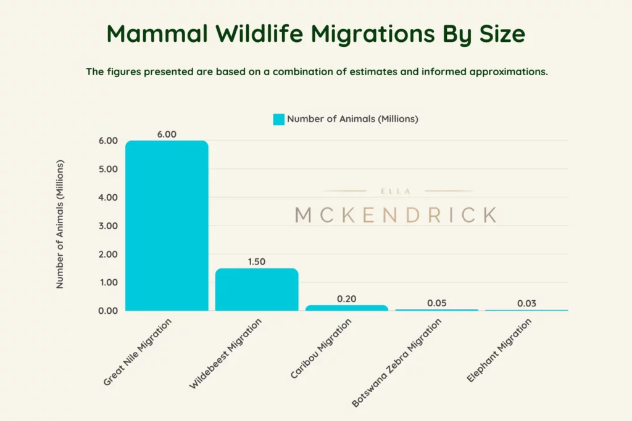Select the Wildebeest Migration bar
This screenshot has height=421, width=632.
click(x=257, y=290)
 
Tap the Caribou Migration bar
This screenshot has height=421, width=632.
click(x=347, y=308)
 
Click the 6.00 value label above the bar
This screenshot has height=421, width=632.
click(x=167, y=134)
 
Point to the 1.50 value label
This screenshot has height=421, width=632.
click(x=257, y=261)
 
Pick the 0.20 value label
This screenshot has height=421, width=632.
click(x=347, y=298)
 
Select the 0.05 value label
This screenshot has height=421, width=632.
click(x=437, y=303)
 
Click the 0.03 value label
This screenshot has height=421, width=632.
click(x=527, y=303)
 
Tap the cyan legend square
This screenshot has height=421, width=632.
click(x=278, y=119)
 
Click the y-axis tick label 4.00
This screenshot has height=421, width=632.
click(x=107, y=197)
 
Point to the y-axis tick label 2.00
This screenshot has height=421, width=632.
click(x=107, y=254)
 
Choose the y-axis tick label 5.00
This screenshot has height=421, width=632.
click(x=107, y=169)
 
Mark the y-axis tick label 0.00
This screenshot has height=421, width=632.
click(x=107, y=311)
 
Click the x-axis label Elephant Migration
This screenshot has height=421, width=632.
click(x=499, y=350)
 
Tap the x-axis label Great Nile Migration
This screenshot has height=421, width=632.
click(x=137, y=352)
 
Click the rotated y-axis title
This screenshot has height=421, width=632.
click(x=60, y=225)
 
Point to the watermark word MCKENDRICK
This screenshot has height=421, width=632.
click(x=396, y=215)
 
